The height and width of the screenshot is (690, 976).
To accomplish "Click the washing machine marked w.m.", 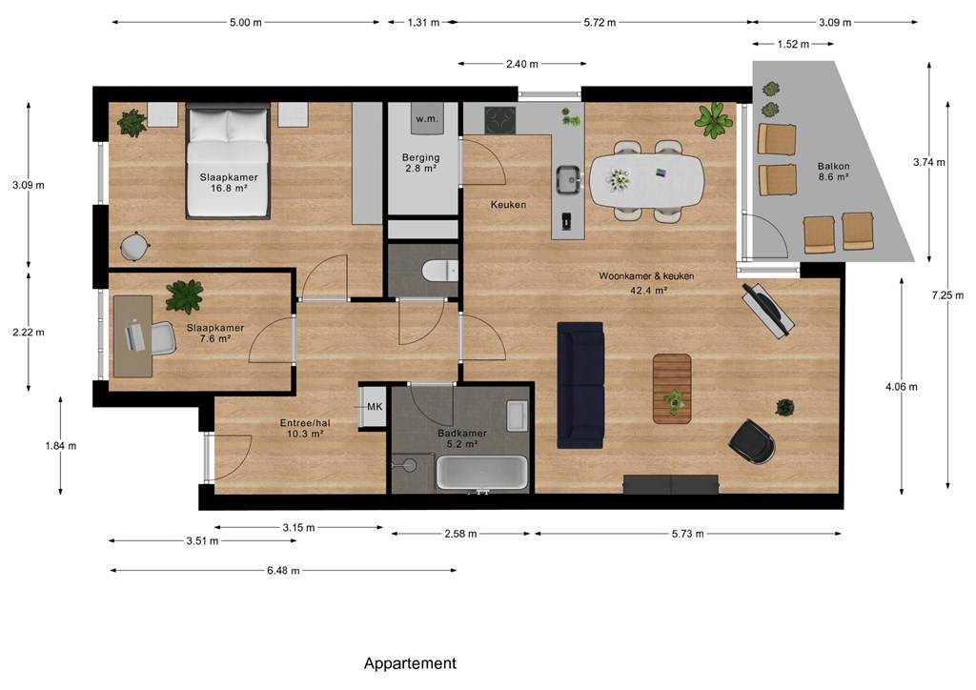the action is (x=427, y=118).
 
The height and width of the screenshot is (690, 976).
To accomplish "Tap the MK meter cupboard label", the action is (x=375, y=407).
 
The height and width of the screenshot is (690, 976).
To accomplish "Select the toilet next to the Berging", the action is (x=439, y=271).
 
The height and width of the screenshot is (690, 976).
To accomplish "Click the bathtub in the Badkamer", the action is (x=481, y=473).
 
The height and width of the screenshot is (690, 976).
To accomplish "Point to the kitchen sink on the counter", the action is (x=569, y=180).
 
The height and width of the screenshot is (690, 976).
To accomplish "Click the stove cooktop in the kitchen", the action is (x=500, y=120).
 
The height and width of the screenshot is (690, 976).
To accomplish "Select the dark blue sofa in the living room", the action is (x=580, y=385).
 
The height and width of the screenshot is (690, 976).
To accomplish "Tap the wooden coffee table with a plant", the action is (x=672, y=389).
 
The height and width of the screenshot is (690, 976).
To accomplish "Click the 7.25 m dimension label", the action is (x=947, y=295).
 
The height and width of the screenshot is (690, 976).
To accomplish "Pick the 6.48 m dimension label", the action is (x=283, y=571).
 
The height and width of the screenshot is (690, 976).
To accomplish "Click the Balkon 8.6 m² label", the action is (x=833, y=172).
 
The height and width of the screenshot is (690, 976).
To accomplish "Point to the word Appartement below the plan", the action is (x=410, y=663).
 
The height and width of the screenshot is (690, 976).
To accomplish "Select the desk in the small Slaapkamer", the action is (x=132, y=336).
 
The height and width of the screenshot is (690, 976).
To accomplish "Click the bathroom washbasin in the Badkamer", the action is (x=518, y=416).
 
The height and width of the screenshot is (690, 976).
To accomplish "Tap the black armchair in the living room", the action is (x=752, y=442).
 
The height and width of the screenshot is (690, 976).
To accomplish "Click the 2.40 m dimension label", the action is (x=522, y=64).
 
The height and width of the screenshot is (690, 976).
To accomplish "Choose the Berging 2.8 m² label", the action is (x=420, y=162).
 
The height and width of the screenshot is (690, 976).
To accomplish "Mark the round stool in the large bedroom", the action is (x=133, y=246).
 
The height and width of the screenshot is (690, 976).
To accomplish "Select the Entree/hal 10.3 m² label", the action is (x=305, y=428).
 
